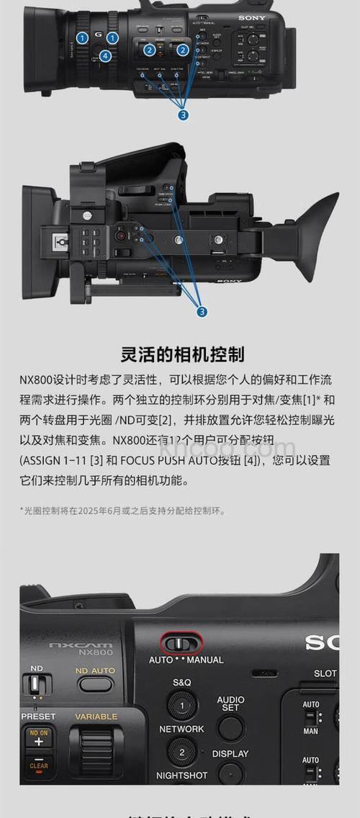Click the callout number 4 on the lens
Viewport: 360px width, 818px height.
tap(106, 55)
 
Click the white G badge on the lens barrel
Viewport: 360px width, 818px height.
tap(97, 35)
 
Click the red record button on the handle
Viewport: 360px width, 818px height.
tap(122, 235)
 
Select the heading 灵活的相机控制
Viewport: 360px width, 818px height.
tap(182, 354)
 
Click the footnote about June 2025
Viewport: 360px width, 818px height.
tap(122, 511)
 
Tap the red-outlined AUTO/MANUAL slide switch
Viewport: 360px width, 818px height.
tap(181, 642)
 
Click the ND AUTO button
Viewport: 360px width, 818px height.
tap(95, 683)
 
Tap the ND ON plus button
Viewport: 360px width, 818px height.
tap(39, 738)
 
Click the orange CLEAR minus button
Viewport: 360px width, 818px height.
tap(39, 763)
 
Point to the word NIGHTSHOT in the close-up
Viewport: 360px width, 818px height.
tap(181, 776)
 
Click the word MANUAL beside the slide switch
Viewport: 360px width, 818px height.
tap(200, 660)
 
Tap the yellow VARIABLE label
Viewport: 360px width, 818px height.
tap(96, 717)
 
